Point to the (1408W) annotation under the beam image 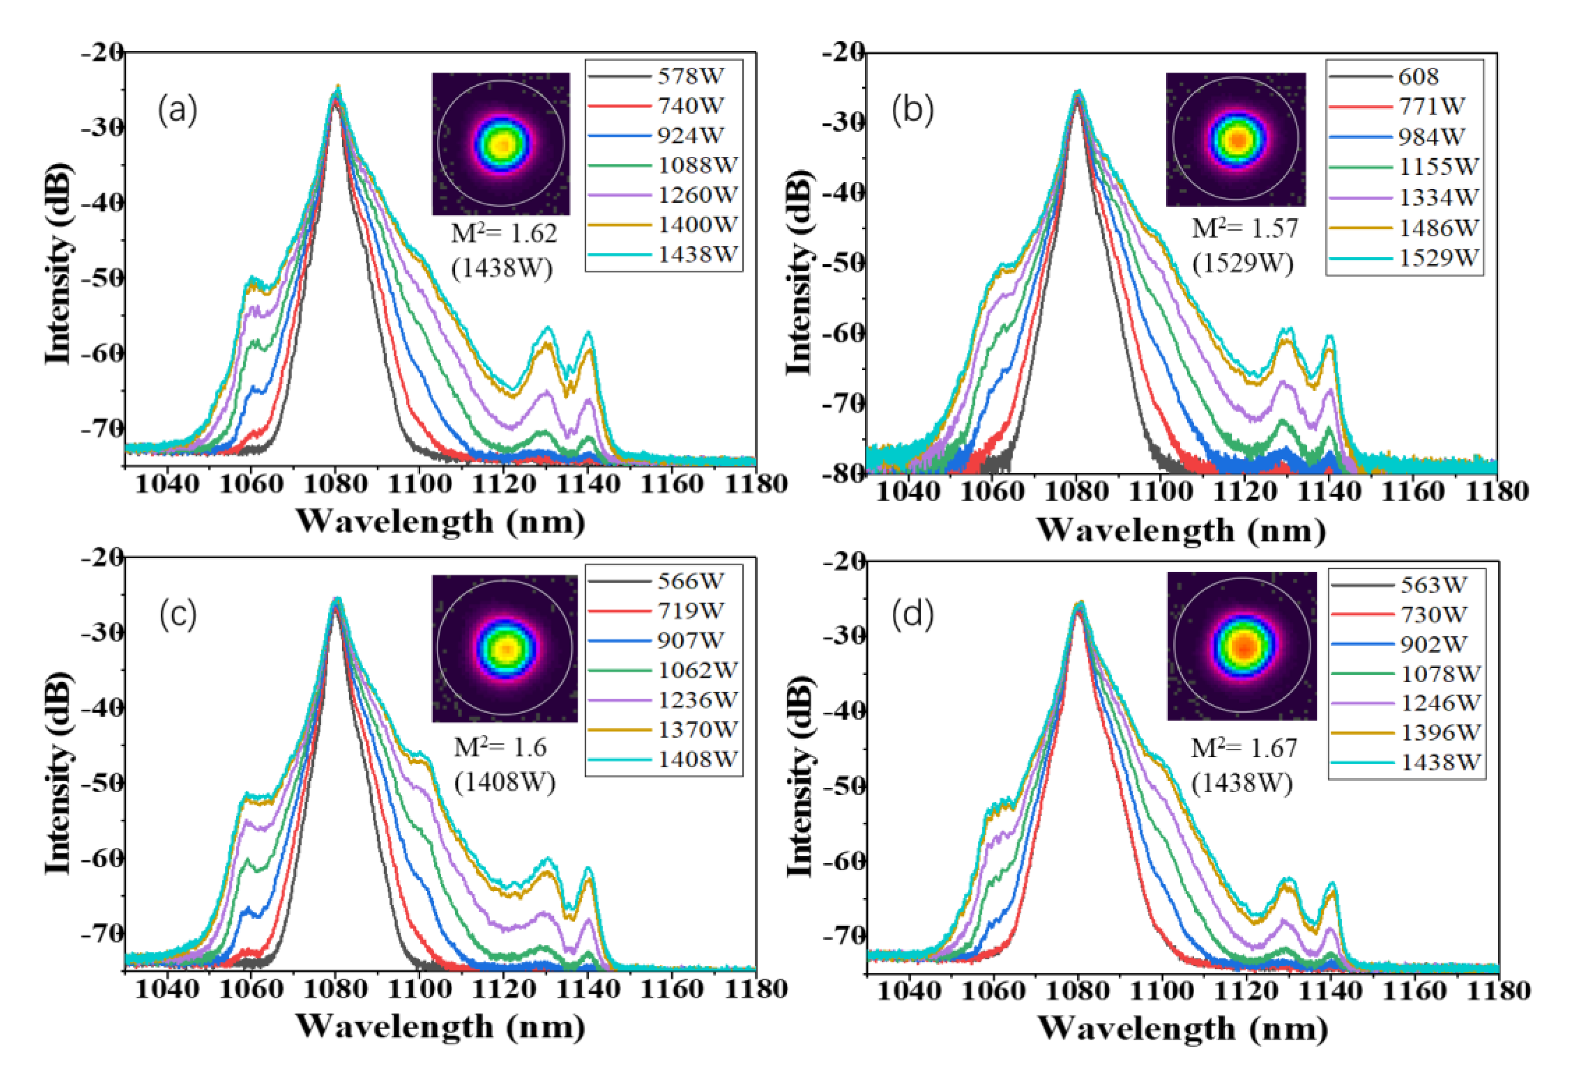(x=505, y=782)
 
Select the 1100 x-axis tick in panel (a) (x=419, y=484)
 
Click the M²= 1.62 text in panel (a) (x=504, y=234)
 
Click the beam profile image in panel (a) (x=501, y=144)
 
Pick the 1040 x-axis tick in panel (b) (x=908, y=491)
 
